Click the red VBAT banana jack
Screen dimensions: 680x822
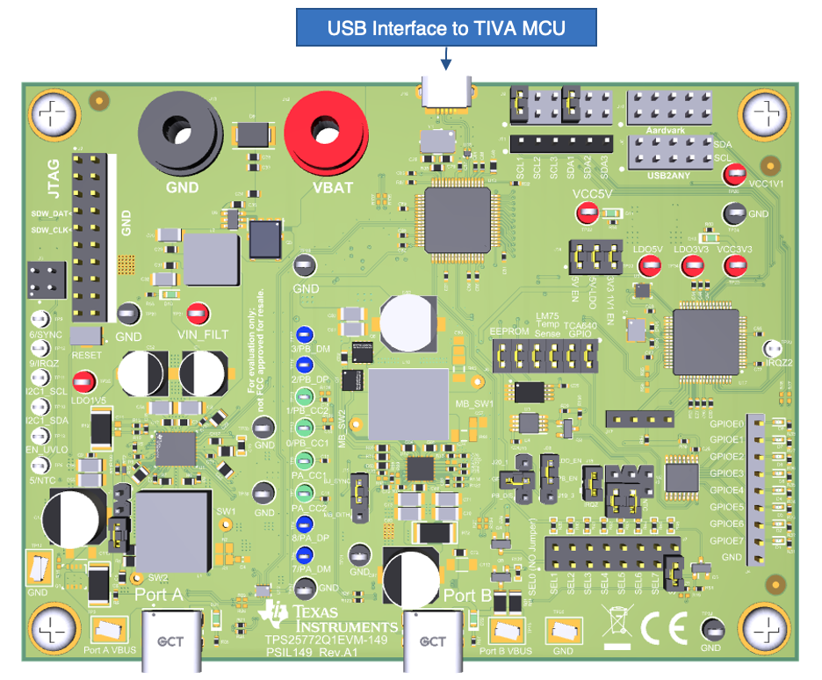click(326, 133)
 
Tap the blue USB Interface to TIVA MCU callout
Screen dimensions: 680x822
click(446, 28)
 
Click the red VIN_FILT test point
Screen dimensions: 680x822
click(198, 313)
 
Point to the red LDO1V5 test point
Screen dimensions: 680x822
click(83, 381)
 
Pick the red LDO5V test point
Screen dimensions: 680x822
click(645, 271)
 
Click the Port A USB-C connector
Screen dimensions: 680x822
click(171, 640)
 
